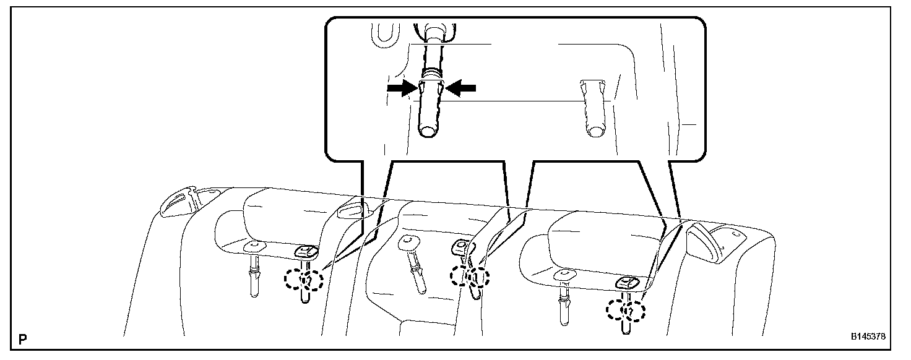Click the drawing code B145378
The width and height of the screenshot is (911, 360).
tap(868, 338)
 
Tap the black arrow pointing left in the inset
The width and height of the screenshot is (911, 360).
tap(461, 88)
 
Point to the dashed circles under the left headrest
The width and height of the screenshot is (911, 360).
tap(304, 280)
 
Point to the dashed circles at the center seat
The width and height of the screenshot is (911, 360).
tap(470, 276)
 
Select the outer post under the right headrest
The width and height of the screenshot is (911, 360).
tap(564, 303)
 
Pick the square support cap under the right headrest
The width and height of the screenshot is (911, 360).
tap(626, 283)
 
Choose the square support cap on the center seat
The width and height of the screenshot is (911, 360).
tap(461, 247)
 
